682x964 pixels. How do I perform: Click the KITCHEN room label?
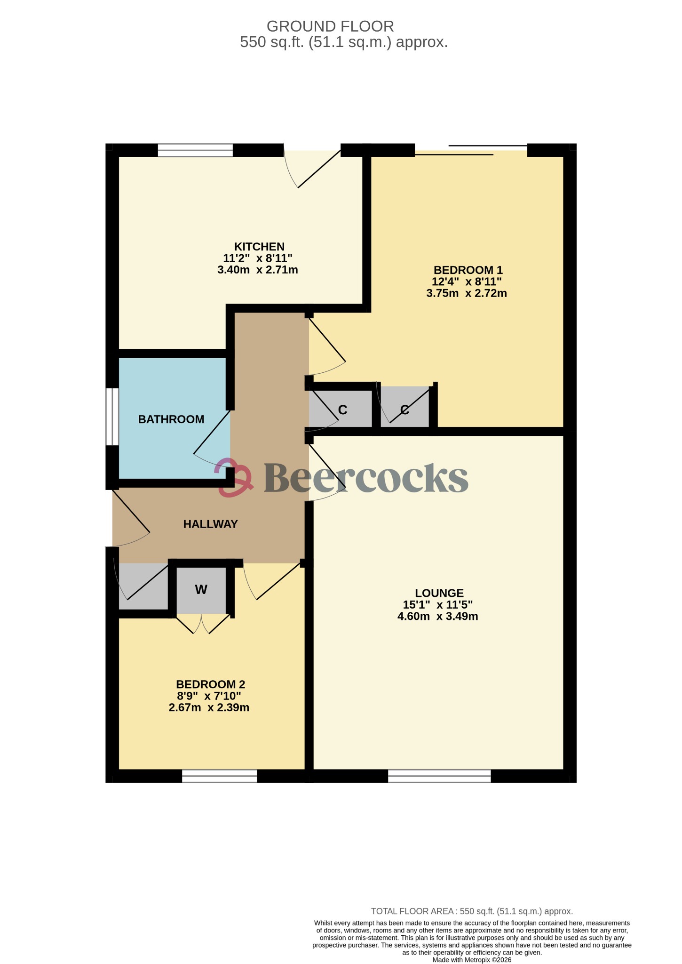tap(259, 247)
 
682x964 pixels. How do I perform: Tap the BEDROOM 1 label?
tap(468, 270)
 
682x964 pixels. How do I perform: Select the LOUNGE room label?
tap(439, 593)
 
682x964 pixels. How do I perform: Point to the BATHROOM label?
tap(171, 419)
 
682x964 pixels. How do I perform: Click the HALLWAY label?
tap(210, 524)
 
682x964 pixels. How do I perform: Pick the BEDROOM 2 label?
tap(210, 684)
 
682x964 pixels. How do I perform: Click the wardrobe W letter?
tap(201, 590)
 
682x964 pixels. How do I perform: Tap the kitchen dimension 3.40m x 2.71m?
tap(257, 270)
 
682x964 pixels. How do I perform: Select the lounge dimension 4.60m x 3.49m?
tap(437, 617)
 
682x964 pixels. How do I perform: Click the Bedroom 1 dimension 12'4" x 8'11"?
tap(467, 282)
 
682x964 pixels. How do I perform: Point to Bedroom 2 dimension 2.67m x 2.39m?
tap(209, 707)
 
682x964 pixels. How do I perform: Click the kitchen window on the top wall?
tap(195, 150)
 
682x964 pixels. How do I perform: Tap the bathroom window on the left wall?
tap(112, 416)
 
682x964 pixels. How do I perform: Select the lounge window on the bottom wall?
tap(439, 776)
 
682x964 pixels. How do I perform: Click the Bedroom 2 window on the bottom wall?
tap(219, 776)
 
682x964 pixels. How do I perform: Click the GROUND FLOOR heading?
tap(330, 26)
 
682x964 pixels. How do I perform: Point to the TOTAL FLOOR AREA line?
tap(471, 911)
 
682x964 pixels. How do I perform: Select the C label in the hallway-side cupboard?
tap(342, 410)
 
